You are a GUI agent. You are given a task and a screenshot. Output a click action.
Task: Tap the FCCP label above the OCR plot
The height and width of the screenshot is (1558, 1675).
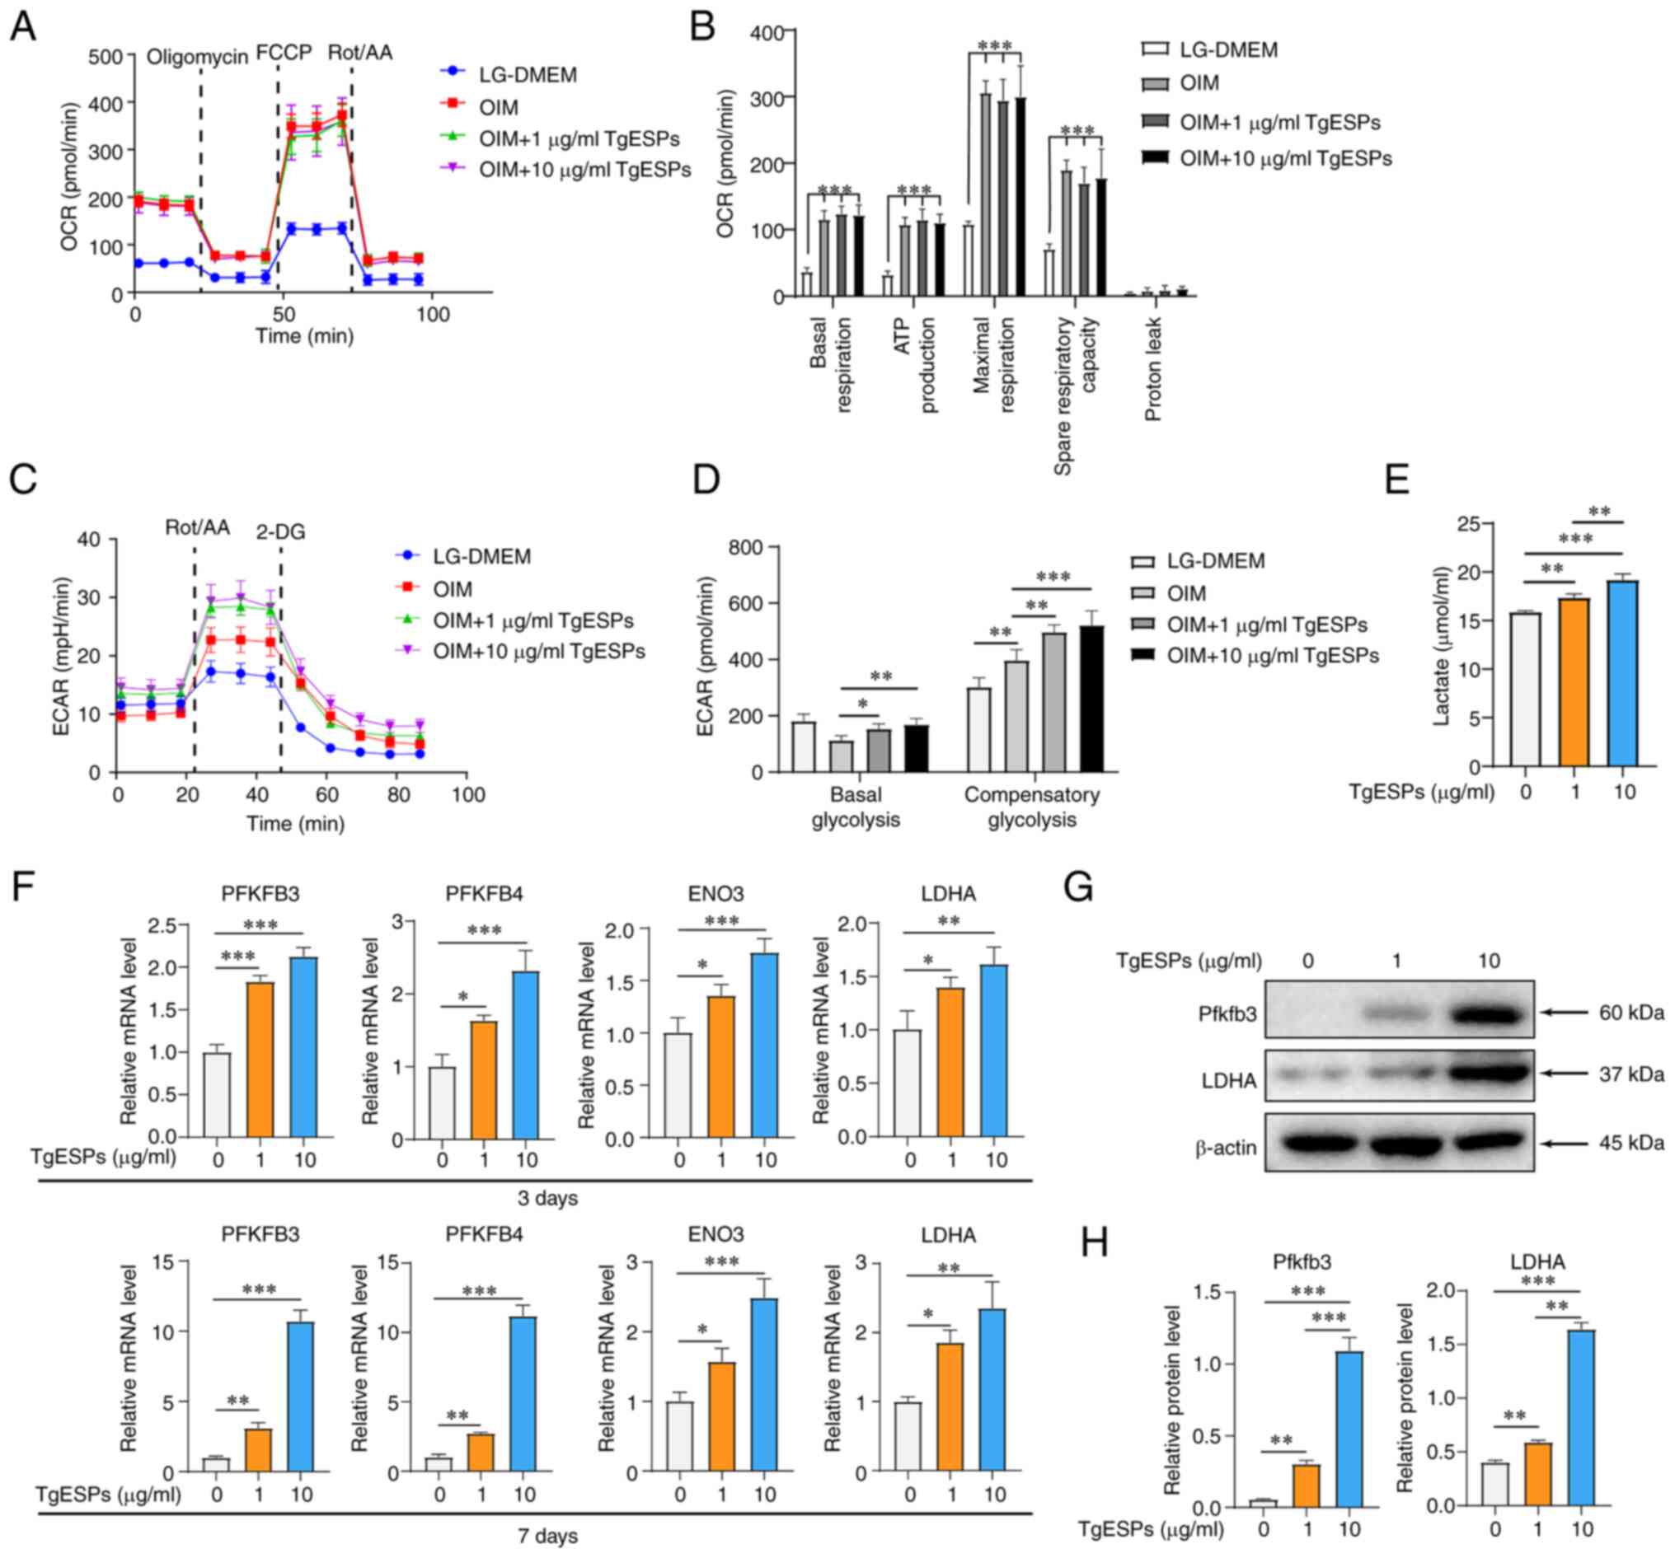tap(284, 52)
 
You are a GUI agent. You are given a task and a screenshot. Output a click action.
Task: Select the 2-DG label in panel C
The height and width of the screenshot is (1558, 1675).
tap(280, 531)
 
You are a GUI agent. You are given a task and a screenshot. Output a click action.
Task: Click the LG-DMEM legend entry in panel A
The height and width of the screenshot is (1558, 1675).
tap(528, 75)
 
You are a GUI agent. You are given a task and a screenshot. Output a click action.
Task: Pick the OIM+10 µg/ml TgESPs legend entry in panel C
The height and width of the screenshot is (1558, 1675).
tap(538, 651)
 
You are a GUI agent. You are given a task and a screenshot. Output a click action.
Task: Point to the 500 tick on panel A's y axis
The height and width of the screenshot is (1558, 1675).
tap(106, 56)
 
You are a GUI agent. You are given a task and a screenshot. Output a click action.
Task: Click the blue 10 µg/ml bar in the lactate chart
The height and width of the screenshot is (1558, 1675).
tap(1623, 674)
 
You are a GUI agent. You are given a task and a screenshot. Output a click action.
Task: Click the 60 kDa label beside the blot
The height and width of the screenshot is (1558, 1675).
tap(1631, 1012)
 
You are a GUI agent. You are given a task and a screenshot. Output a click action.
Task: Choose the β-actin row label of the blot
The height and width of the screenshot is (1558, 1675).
tap(1226, 1147)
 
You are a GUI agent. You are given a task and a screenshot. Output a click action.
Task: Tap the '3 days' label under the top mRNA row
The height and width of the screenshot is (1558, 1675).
tap(547, 1198)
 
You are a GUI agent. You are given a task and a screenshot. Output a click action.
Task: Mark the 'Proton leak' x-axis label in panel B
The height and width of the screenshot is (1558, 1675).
tap(1152, 369)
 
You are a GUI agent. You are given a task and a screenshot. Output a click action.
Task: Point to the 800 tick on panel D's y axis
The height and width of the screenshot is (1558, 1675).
tap(746, 547)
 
